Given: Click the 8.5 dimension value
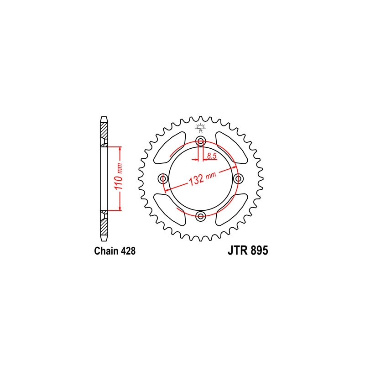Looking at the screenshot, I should click(x=211, y=156).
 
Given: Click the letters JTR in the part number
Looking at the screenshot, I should click(x=236, y=251).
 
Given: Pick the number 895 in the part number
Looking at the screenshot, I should click(x=258, y=251).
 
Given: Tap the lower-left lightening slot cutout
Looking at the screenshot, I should click(x=170, y=209).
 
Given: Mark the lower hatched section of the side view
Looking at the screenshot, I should click(x=104, y=224).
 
